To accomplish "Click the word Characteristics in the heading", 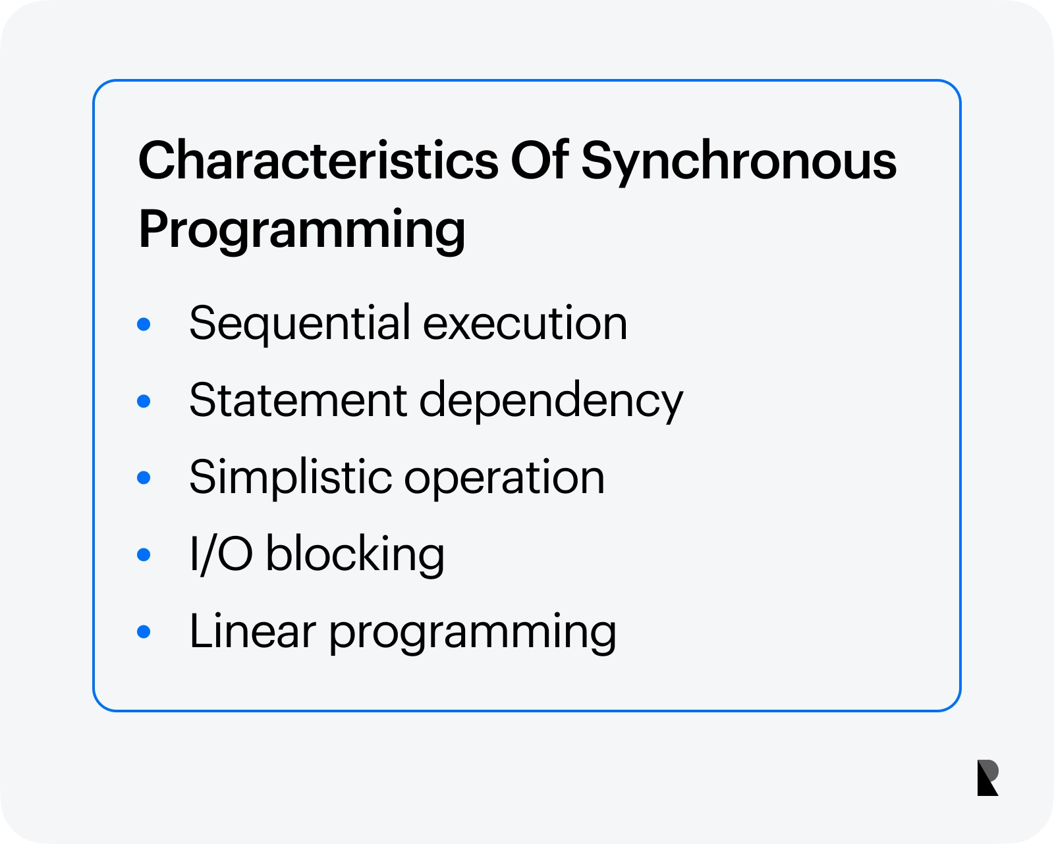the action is (318, 161).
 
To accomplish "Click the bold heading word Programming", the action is (302, 230).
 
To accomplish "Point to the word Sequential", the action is (300, 324).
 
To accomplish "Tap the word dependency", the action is (551, 402).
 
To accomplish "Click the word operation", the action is (505, 479).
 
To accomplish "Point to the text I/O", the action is (221, 555).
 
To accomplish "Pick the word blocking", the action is (355, 556).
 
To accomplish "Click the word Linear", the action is (253, 631).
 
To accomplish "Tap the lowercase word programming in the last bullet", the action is (472, 633).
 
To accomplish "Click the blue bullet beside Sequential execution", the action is (144, 324).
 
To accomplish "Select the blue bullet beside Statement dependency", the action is (144, 402).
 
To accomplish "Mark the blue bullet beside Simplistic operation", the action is (144, 479).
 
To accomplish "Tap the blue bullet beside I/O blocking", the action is (144, 555).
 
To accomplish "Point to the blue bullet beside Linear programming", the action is (144, 632).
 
